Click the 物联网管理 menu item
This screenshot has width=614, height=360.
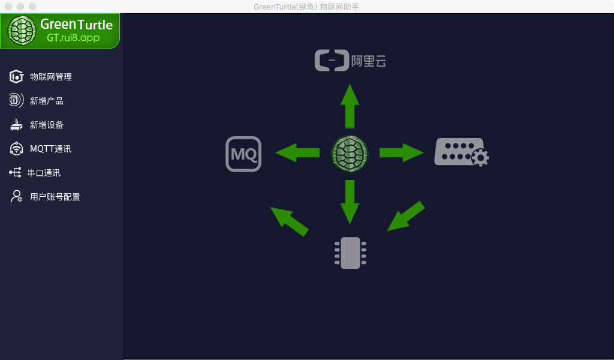coord(50,77)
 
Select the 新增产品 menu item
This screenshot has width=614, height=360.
coord(46,101)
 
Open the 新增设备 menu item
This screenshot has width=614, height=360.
coord(46,125)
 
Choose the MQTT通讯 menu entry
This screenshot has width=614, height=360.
coord(50,149)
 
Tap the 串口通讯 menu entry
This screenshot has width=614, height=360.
coord(44,173)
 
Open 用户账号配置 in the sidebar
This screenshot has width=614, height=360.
coord(55,197)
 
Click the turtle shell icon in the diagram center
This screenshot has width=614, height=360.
coord(350,153)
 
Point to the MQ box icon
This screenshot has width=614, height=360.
coord(243,154)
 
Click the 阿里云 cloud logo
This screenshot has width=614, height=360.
coord(350,61)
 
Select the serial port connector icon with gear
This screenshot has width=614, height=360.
coord(460,152)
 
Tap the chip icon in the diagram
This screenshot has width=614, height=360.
coord(350,253)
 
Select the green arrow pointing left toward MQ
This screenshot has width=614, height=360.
coord(297,153)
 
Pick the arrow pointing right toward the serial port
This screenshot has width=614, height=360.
coord(401,153)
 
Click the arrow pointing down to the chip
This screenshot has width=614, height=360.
coord(350,202)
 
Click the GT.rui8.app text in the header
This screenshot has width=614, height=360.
coord(74,38)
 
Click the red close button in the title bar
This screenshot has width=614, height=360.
coord(8,7)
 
